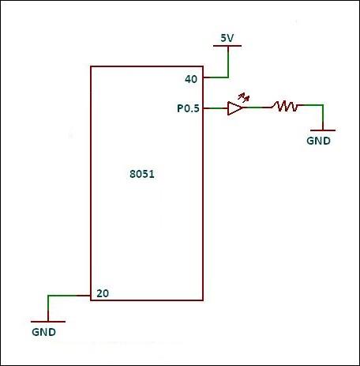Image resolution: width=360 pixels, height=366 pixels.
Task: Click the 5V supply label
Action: (x=227, y=38)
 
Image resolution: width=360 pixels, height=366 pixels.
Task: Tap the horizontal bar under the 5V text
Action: (x=227, y=46)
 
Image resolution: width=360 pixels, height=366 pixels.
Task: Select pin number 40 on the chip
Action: (x=191, y=79)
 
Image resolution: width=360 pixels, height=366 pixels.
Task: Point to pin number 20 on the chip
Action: (x=103, y=293)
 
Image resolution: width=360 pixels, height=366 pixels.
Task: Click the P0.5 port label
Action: (x=188, y=108)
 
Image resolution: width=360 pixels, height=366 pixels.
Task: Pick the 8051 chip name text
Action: (x=142, y=174)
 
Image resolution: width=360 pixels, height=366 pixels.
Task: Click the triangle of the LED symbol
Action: (x=234, y=108)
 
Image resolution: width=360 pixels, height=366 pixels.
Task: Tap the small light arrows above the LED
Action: (x=243, y=97)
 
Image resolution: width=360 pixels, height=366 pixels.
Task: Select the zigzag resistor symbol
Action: (x=285, y=106)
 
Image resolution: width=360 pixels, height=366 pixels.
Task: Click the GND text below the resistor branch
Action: (x=318, y=141)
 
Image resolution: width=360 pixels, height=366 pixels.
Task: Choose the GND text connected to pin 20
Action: (x=43, y=332)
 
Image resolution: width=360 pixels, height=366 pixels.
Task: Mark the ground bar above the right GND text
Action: (x=323, y=130)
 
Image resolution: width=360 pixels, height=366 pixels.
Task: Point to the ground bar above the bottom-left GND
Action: (x=48, y=322)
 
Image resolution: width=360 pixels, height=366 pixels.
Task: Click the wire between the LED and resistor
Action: (x=257, y=108)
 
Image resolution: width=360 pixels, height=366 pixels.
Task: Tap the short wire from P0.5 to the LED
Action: (x=216, y=108)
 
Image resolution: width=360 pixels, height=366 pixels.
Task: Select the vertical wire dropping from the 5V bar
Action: (x=228, y=62)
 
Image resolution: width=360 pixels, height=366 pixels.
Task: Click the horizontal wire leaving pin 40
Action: (x=216, y=77)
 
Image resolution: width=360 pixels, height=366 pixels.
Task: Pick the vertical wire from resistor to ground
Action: (x=323, y=118)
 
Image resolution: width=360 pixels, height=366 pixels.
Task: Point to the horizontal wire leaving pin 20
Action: (x=69, y=296)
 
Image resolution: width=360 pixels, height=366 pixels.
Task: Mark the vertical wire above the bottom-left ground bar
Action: (x=48, y=308)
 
